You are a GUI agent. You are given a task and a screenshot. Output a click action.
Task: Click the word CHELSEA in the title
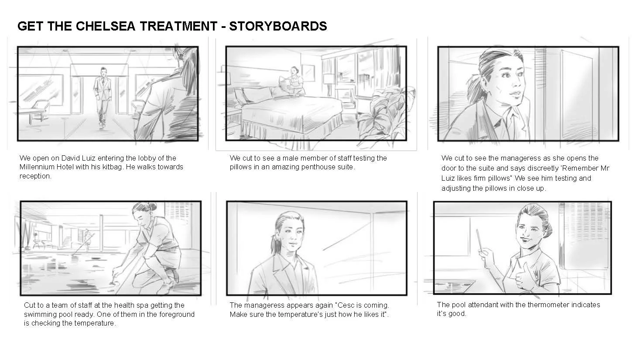105,26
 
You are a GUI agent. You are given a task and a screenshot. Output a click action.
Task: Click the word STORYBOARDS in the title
278,26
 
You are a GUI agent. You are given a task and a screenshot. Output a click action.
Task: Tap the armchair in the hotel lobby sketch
40,110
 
